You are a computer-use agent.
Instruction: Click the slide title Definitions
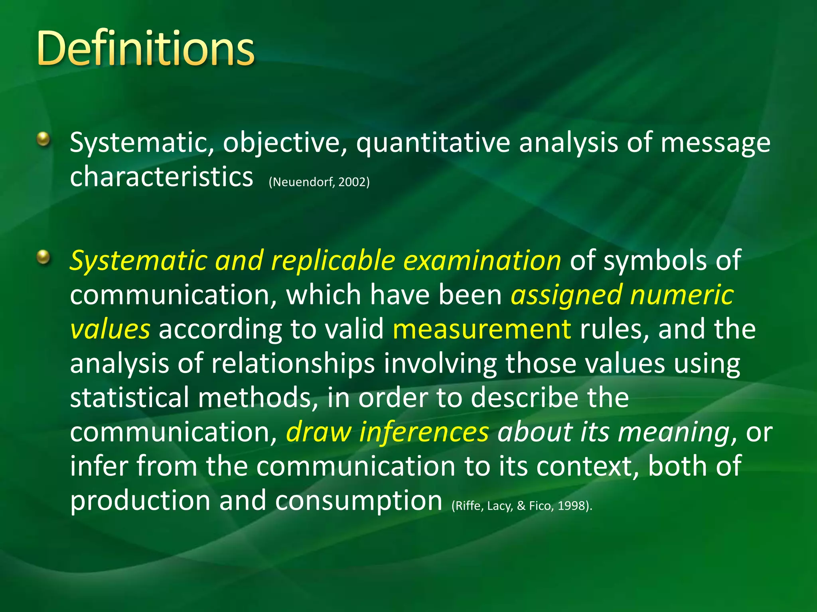pos(146,49)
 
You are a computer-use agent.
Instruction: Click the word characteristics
pos(161,177)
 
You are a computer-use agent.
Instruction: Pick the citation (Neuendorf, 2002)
pos(319,182)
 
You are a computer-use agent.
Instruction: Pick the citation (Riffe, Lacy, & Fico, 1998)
pos(522,506)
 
